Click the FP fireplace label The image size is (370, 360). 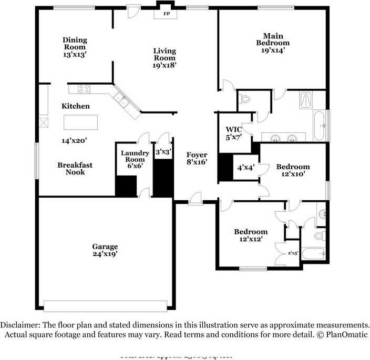click(167, 14)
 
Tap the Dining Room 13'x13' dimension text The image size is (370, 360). click(75, 54)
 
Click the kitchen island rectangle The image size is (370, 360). click(81, 122)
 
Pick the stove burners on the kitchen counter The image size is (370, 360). click(84, 88)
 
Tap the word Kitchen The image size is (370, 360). click(76, 106)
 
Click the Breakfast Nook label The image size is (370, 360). click(75, 168)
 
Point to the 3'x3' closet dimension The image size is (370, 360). click(163, 152)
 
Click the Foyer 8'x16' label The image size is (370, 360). click(197, 159)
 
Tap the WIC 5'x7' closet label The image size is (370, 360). click(233, 133)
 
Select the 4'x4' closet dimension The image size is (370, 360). click(246, 168)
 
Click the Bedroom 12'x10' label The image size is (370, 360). click(293, 170)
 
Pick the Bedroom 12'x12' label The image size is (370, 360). click(251, 235)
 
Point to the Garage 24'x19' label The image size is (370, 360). click(105, 250)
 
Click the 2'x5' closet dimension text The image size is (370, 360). click(293, 253)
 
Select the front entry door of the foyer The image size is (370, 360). click(195, 199)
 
